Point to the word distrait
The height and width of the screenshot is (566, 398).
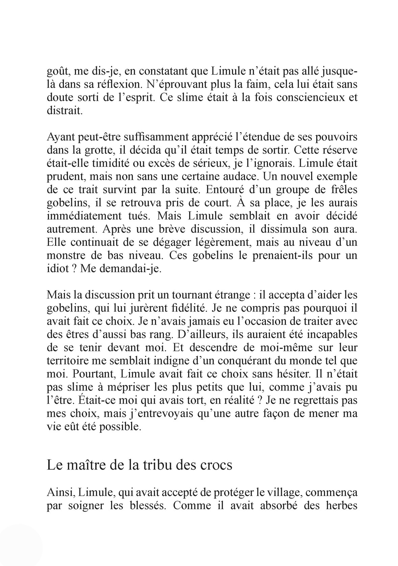64,111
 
